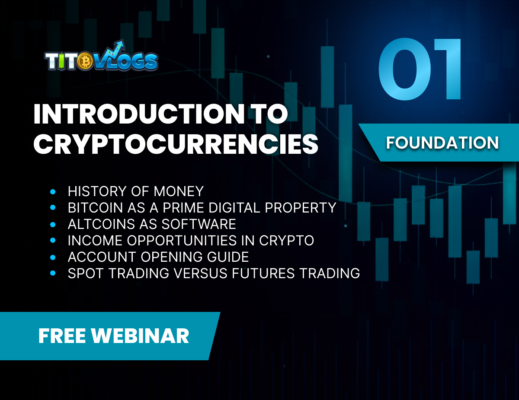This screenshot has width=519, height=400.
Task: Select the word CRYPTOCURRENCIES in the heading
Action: pyautogui.click(x=176, y=144)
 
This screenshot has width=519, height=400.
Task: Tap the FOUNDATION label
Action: pyautogui.click(x=442, y=143)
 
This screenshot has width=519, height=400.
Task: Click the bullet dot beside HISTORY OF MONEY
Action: pyautogui.click(x=53, y=191)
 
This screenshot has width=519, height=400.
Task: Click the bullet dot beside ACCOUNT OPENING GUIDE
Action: pyautogui.click(x=53, y=257)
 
